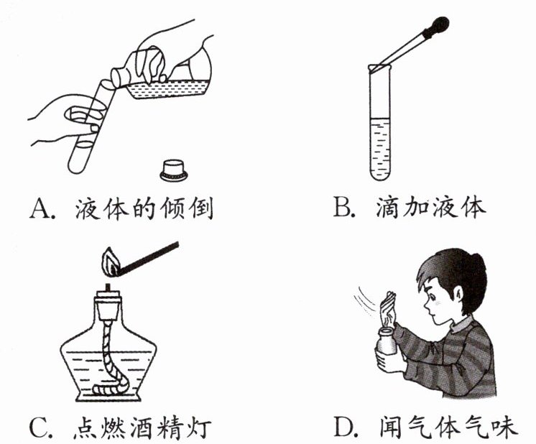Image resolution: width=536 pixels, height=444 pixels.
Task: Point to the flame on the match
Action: coord(111,262)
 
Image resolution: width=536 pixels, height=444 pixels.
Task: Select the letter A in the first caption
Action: coord(40,208)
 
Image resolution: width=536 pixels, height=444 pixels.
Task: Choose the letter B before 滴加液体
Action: coord(343,207)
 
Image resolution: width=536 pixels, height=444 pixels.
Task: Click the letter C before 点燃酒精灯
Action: coord(38,427)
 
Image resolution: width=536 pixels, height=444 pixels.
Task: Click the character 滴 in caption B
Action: coord(388,207)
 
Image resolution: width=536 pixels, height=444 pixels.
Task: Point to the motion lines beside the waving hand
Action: coord(365,302)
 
